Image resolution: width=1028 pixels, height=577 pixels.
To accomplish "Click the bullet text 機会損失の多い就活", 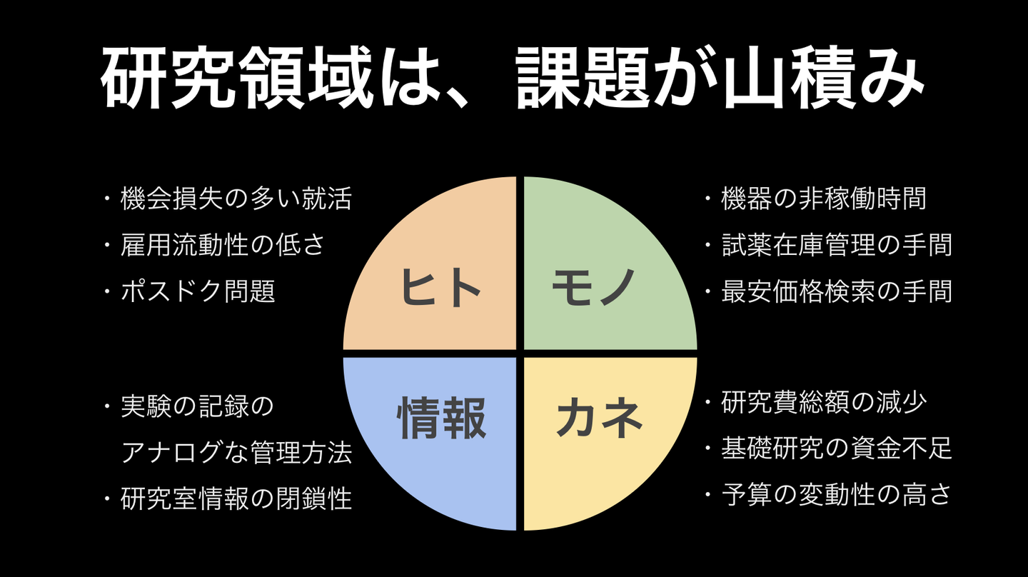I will pyautogui.click(x=236, y=199).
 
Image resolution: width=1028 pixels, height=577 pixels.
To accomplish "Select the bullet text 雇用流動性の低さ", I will pyautogui.click(x=223, y=245).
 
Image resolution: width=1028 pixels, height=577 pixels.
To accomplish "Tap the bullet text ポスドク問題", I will pyautogui.click(x=198, y=291).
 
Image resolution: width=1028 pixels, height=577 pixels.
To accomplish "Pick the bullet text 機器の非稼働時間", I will pyautogui.click(x=823, y=199).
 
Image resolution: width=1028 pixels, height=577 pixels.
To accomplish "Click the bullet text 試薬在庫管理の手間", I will pyautogui.click(x=837, y=245).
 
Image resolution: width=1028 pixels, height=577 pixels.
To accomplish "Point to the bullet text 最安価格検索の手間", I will pyautogui.click(x=837, y=291).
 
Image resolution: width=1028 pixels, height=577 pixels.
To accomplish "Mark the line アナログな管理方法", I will pyautogui.click(x=236, y=452).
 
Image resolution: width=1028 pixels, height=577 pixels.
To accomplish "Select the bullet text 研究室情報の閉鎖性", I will pyautogui.click(x=236, y=498).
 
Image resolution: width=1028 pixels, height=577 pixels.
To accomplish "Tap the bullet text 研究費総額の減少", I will pyautogui.click(x=823, y=402).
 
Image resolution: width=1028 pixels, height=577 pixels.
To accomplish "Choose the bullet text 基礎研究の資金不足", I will pyautogui.click(x=837, y=448).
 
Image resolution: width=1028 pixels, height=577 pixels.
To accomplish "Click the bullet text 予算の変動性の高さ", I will pyautogui.click(x=837, y=495).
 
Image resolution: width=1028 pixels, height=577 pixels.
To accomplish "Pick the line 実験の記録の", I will pyautogui.click(x=197, y=406).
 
